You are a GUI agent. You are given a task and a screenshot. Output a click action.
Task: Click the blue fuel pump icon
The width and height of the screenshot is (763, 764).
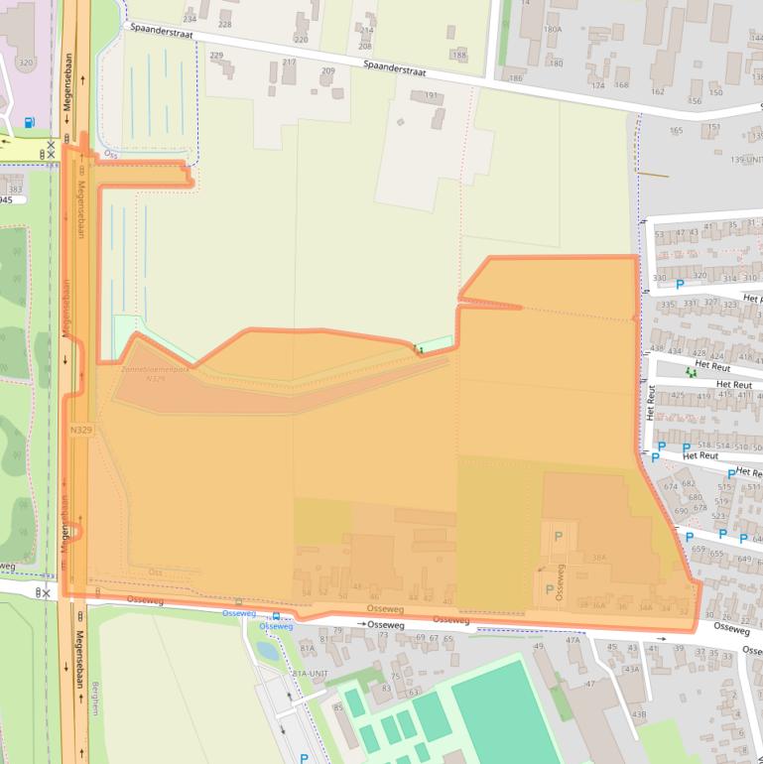[x=28, y=123]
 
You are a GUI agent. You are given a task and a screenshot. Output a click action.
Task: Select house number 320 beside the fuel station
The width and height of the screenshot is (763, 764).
[x=26, y=63]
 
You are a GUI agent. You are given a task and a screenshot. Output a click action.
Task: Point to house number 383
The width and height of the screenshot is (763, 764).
[x=15, y=190]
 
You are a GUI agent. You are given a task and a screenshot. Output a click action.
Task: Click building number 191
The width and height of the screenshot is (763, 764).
[x=431, y=96]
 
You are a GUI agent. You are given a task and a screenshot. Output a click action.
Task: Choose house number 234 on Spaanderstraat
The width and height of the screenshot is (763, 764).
[x=189, y=19]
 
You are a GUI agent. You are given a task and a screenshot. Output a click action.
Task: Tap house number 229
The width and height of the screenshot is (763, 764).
[x=216, y=56]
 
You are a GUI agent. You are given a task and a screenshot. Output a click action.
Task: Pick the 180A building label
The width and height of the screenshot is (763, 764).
[x=553, y=30]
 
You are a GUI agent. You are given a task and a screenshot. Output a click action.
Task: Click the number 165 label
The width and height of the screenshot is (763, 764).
[x=677, y=130]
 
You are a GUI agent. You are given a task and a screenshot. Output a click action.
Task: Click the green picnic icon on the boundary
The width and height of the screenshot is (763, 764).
[x=419, y=348]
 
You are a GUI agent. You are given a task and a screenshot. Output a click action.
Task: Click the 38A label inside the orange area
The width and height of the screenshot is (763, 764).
[x=598, y=559]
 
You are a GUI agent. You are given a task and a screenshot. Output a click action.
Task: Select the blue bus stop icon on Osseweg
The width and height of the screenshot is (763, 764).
[x=238, y=601]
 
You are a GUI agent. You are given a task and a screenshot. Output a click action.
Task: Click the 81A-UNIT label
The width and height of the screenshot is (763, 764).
[x=310, y=673]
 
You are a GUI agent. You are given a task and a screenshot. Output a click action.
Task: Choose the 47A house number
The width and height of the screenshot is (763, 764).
[x=572, y=640]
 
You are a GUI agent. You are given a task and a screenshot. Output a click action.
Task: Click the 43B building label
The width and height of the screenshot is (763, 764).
[x=639, y=713]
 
